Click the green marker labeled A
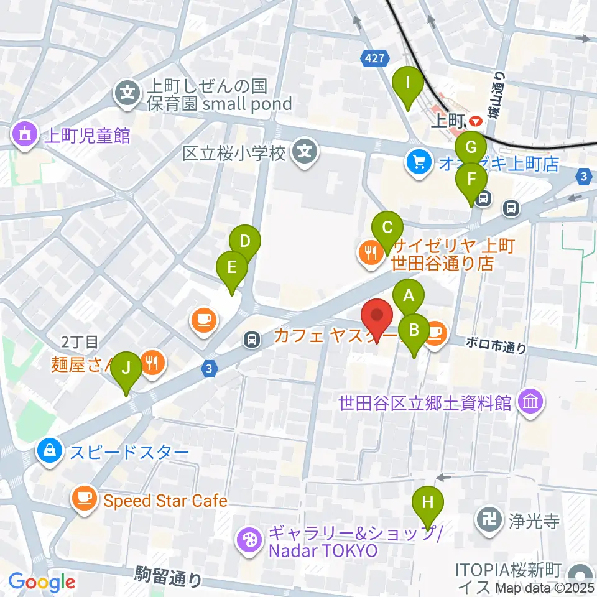409,296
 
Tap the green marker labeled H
427,502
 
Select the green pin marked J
126,369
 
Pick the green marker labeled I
408,83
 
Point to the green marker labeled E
232,269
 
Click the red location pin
377,316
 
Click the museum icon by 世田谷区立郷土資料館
531,403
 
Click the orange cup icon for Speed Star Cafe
84,500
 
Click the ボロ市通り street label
495,346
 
